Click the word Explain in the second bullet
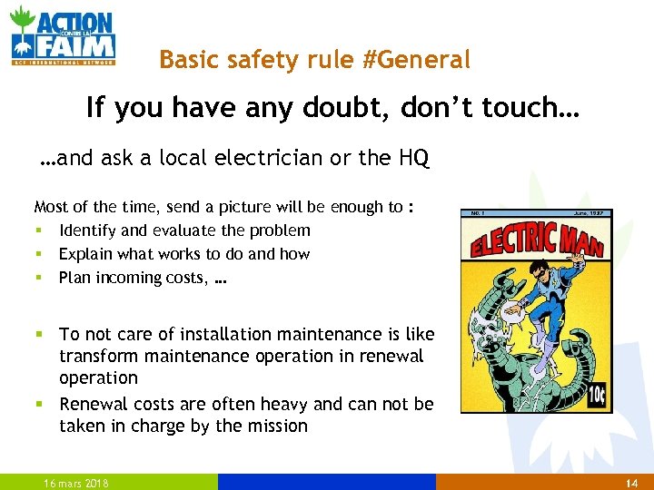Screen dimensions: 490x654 84,254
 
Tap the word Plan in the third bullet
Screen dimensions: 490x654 74,278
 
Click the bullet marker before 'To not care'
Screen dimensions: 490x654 37,335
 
